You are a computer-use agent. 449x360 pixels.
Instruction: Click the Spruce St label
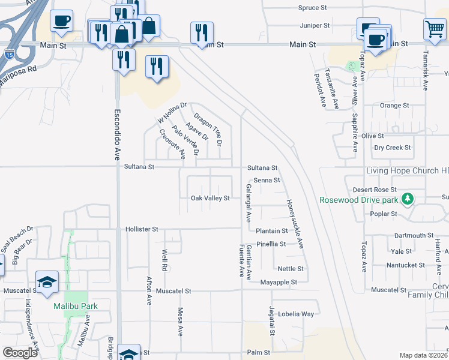(x=312, y=8)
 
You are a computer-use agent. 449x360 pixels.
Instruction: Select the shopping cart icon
(x=435, y=29)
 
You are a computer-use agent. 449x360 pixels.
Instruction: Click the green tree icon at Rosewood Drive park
(x=408, y=199)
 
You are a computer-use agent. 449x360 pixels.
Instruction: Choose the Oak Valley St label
(x=210, y=198)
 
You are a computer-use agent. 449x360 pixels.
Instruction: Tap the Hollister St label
(x=142, y=229)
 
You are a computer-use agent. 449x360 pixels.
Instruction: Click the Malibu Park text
(x=75, y=306)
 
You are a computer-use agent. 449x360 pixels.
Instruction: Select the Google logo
(x=20, y=353)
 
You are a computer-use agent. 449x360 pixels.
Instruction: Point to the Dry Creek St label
(x=393, y=147)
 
